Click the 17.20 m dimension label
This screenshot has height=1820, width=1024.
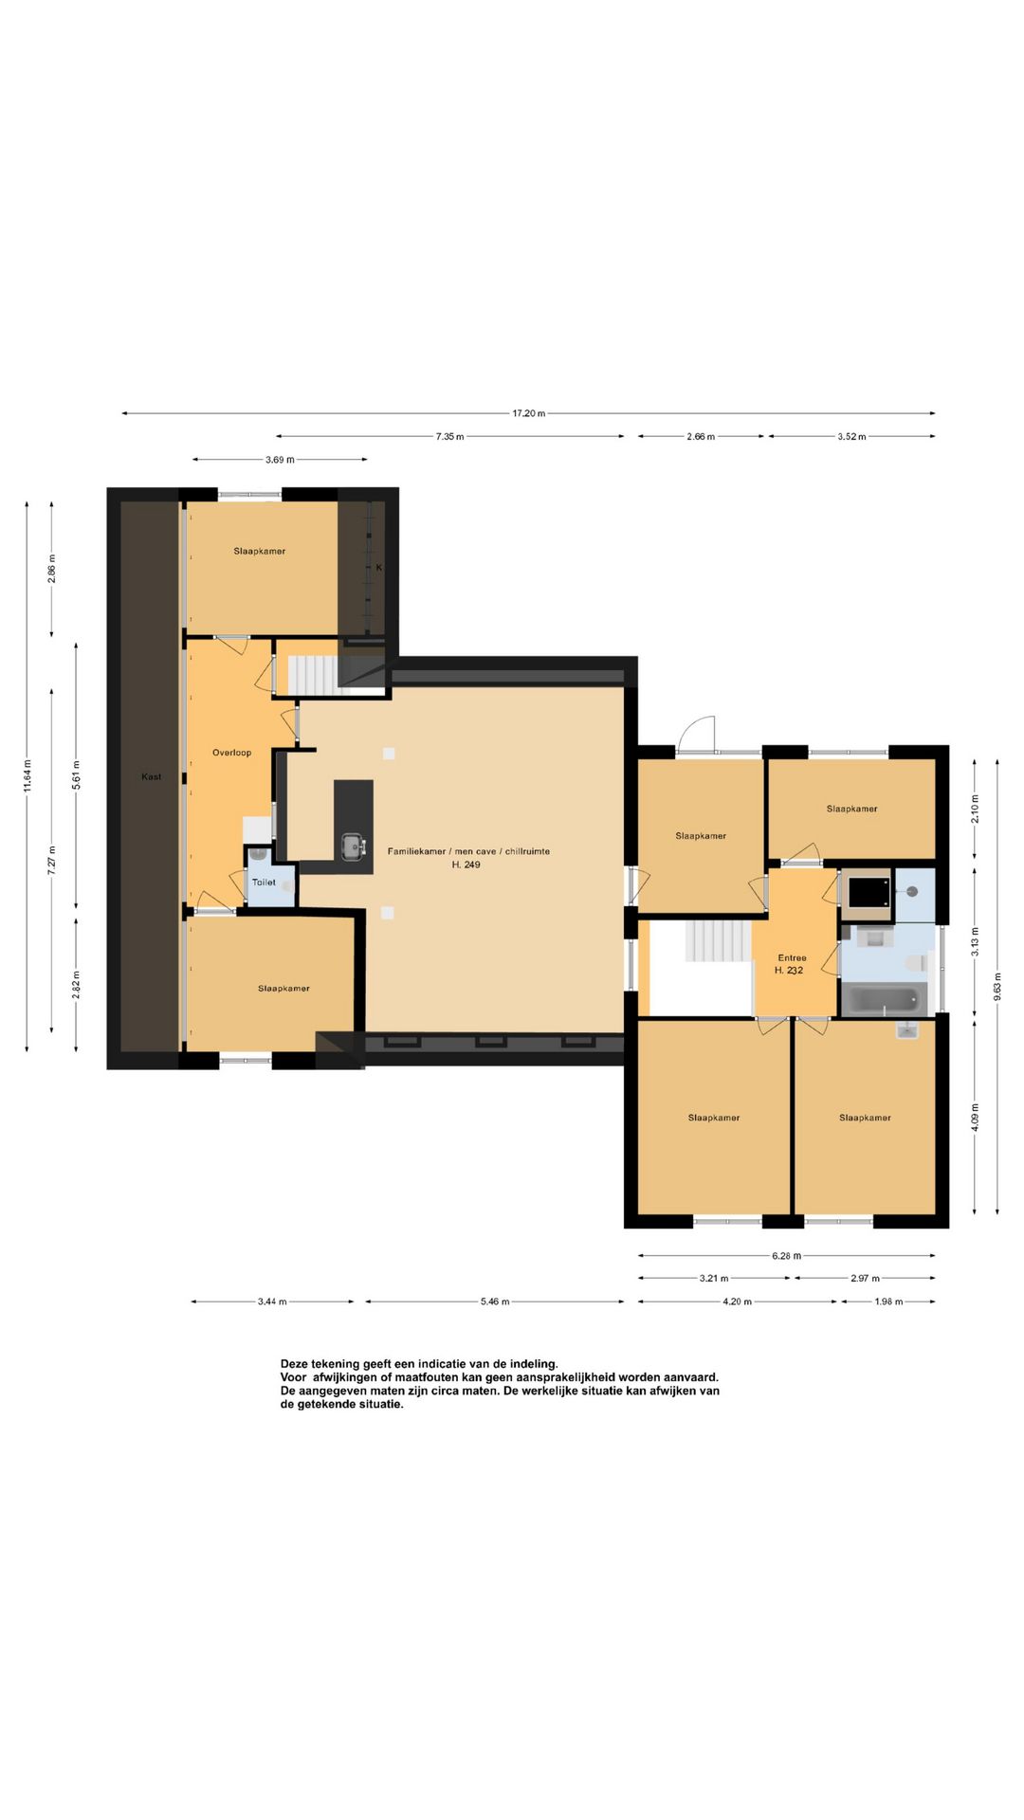click(529, 413)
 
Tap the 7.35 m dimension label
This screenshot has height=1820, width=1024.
click(449, 437)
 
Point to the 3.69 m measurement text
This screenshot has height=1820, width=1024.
click(280, 460)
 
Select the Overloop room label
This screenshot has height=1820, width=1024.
click(231, 753)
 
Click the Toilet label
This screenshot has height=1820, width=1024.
click(264, 883)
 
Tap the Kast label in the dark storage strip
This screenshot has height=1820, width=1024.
click(152, 777)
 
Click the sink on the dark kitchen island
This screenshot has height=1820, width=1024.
click(353, 846)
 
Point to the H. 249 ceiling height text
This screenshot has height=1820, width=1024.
click(466, 864)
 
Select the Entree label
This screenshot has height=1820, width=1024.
click(792, 958)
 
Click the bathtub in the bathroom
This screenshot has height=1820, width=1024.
click(884, 1000)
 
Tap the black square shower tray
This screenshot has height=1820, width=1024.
click(867, 893)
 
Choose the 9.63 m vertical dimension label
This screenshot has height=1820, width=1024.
click(997, 987)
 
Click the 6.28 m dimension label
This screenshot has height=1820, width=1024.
click(786, 1256)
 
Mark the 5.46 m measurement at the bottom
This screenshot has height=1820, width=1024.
click(494, 1301)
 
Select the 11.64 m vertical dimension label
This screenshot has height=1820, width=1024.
click(27, 776)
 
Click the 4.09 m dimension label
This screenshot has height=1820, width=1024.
click(975, 1117)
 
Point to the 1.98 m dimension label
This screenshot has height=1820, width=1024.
click(887, 1301)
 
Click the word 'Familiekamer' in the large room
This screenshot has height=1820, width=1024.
click(416, 851)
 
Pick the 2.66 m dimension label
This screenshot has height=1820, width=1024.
click(701, 437)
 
